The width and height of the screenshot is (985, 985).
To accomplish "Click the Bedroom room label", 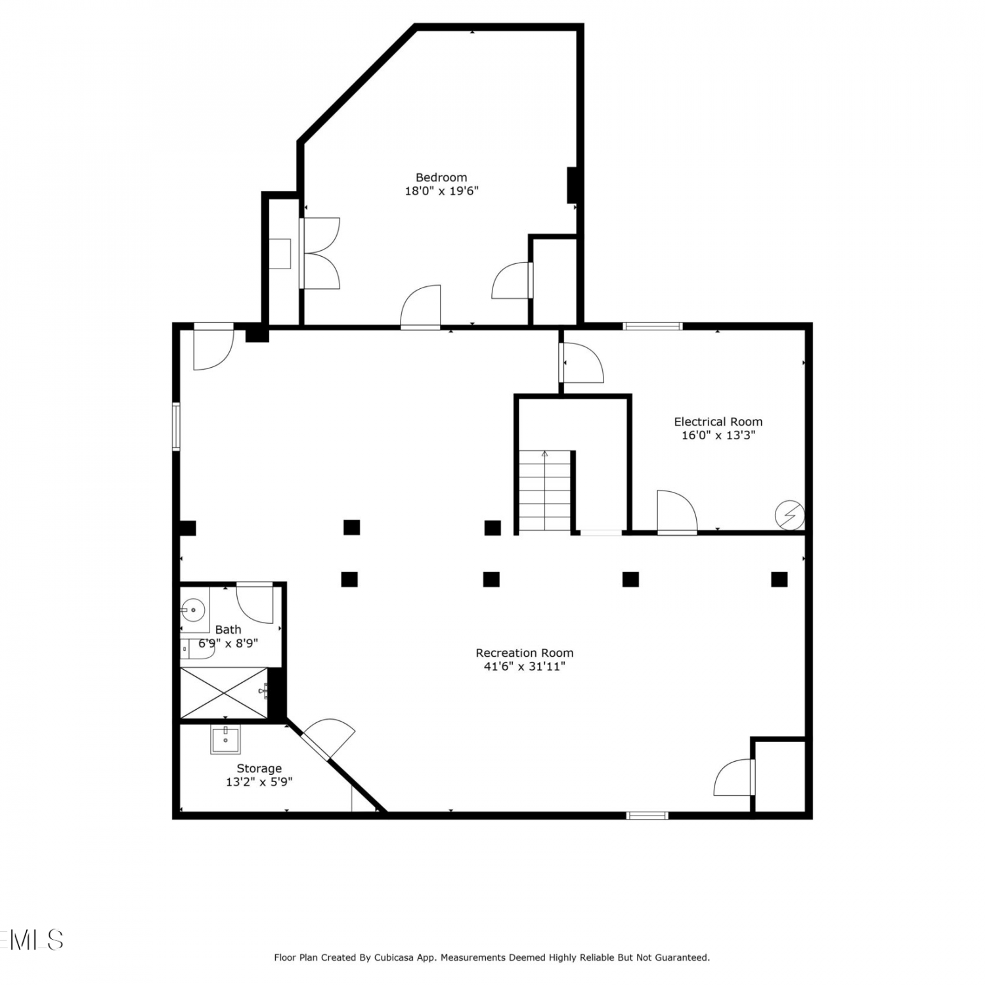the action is [x=441, y=177].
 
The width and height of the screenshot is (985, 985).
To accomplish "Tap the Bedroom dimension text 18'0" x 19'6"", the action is [x=441, y=191].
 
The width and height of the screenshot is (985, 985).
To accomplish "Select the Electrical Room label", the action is [x=718, y=422].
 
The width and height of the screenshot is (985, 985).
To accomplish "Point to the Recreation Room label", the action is [x=525, y=653].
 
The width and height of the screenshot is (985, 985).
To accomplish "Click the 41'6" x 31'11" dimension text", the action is [x=525, y=667].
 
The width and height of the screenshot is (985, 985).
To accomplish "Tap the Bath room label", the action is [x=228, y=630].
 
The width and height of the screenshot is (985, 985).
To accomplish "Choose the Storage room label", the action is [x=259, y=768].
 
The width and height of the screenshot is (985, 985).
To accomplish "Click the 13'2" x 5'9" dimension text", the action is [x=259, y=782].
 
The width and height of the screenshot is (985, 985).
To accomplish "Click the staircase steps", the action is [x=545, y=491].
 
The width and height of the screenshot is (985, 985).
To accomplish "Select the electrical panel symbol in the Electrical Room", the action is [x=789, y=515].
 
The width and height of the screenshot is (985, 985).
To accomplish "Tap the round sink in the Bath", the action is [x=193, y=611].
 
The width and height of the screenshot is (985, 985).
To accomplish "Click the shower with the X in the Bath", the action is [x=224, y=693].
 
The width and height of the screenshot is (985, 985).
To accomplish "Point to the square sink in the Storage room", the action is [x=225, y=739].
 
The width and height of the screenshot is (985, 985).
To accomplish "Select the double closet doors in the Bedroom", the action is [x=320, y=253].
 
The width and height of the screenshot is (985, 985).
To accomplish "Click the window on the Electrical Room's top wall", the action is [x=653, y=326].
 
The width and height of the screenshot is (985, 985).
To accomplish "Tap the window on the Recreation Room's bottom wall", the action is [x=647, y=816].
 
